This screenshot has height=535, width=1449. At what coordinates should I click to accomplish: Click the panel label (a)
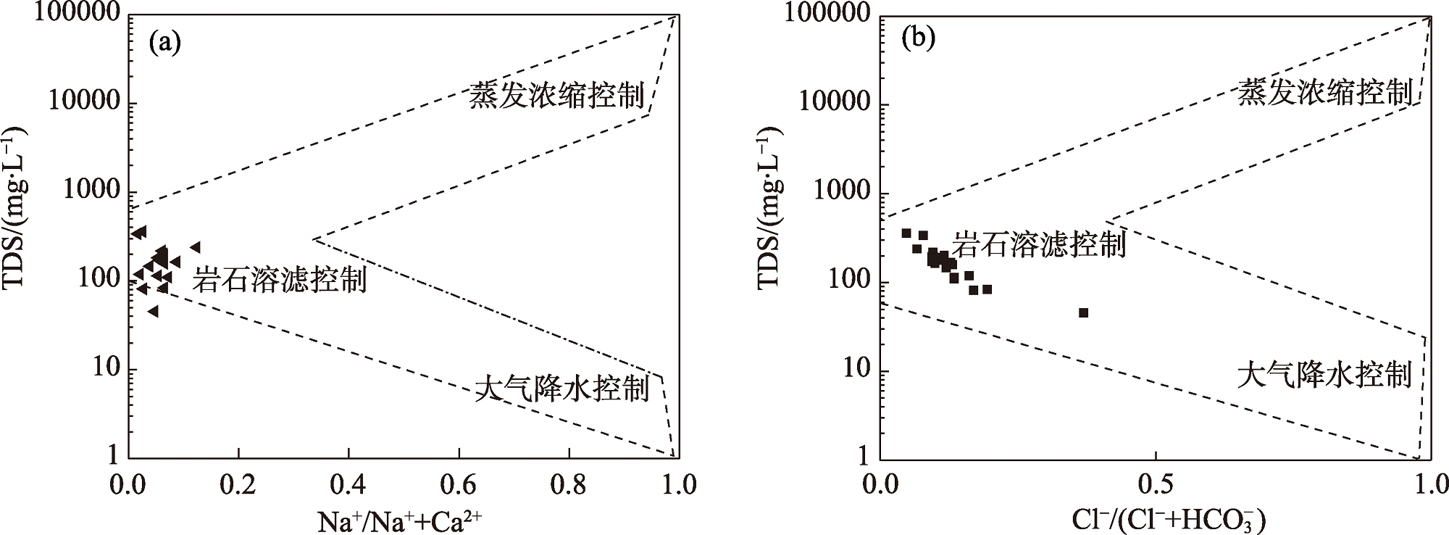pos(164,42)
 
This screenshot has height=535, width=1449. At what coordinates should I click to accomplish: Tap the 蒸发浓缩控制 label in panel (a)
pos(556,95)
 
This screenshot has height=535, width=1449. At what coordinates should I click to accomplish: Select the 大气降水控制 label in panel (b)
pos(1324,375)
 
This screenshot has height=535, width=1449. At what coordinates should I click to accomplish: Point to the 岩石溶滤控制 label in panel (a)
pos(280,280)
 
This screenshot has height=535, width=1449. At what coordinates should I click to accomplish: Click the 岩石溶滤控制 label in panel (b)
pos(1038,244)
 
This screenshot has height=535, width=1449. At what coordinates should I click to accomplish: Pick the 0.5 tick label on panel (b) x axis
pos(1155,484)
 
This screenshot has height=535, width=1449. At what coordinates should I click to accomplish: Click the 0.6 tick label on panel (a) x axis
pos(459,484)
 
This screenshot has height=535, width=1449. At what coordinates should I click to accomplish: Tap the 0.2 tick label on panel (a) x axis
pos(238,484)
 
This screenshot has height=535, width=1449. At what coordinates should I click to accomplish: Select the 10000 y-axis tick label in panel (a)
pos(83,101)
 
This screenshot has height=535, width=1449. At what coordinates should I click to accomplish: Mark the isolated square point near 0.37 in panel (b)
pos(1083,312)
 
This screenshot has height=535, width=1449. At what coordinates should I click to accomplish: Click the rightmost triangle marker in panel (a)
pos(195,247)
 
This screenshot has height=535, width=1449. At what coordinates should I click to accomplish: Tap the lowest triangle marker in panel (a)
pos(153,312)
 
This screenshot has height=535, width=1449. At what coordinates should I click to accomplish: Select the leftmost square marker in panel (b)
pos(906,233)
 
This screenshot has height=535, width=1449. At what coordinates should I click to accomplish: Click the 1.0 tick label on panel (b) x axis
pos(1430,484)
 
